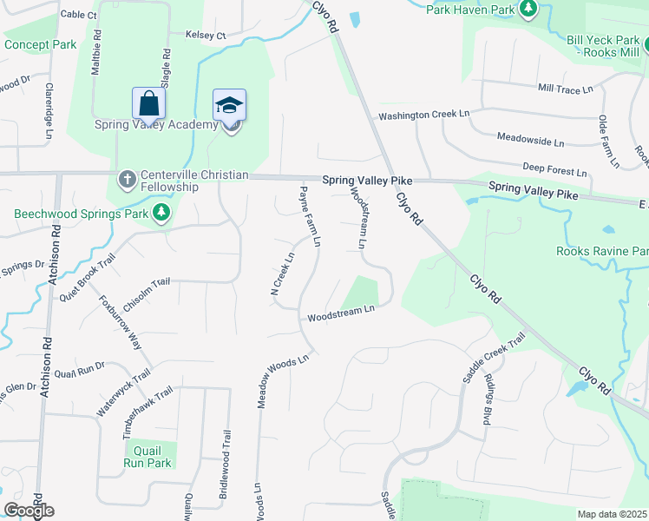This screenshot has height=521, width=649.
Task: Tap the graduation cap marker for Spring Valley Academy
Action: point(230,105)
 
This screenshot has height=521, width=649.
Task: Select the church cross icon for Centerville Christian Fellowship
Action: point(128,181)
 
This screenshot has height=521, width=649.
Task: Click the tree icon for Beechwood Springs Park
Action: point(161,213)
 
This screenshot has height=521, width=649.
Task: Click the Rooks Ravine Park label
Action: point(602,252)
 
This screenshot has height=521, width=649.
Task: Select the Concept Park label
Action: point(40,44)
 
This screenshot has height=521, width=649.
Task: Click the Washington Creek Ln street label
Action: point(423,115)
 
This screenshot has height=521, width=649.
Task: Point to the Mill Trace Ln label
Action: point(565,89)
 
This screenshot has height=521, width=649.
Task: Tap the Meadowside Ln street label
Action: point(530,138)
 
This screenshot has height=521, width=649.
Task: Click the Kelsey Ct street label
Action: point(206,36)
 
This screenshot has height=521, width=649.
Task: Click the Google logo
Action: point(29,511)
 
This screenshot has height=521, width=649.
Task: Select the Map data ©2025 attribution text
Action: point(612,514)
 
